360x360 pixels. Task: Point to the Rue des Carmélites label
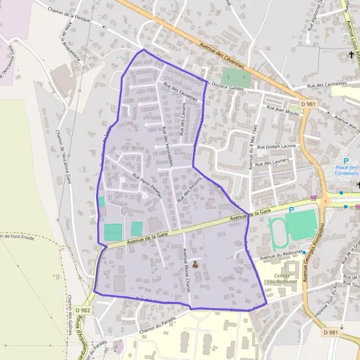pos(328,85)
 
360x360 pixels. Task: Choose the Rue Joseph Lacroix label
pos(277,146)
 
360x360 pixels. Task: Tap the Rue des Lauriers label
pos(272,162)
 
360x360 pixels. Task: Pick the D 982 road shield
pos(83,310)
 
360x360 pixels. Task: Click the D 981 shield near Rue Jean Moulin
pos(308,104)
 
